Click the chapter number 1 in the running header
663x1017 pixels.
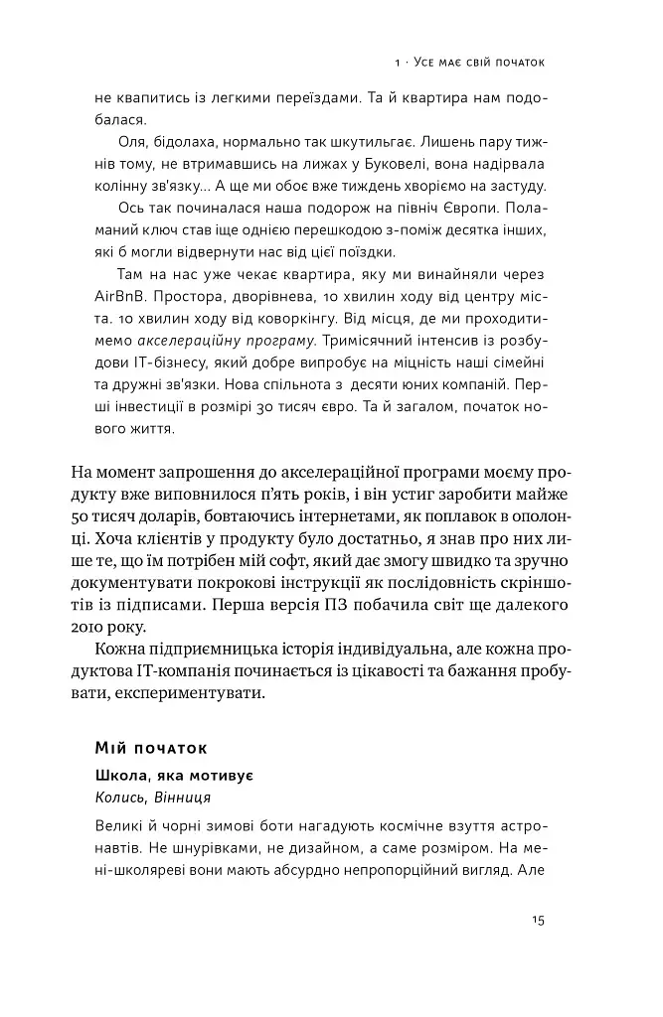[x=397, y=64]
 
